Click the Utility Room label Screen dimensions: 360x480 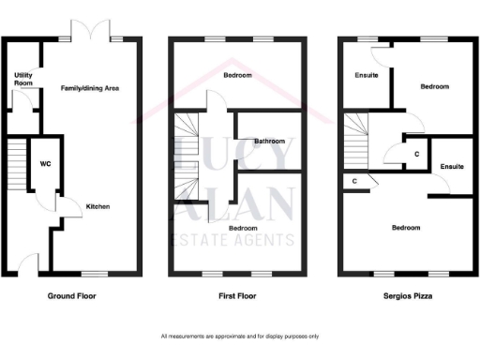click(x=22, y=78)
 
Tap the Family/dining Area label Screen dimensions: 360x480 click(x=90, y=89)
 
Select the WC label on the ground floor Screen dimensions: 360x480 click(x=45, y=164)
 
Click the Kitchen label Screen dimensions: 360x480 click(x=98, y=207)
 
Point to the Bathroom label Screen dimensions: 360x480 click(x=269, y=142)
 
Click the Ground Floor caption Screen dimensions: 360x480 click(x=72, y=295)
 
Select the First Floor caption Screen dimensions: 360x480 click(x=235, y=295)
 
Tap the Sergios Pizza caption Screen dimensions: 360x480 click(x=406, y=295)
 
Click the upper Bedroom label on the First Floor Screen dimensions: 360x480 click(x=236, y=75)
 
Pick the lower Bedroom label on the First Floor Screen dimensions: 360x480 click(x=244, y=228)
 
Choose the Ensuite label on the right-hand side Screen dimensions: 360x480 click(x=451, y=166)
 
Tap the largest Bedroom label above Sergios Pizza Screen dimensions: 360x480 click(x=406, y=228)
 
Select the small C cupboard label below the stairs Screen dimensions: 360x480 click(x=354, y=181)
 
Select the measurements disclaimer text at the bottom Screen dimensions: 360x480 click(x=240, y=336)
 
